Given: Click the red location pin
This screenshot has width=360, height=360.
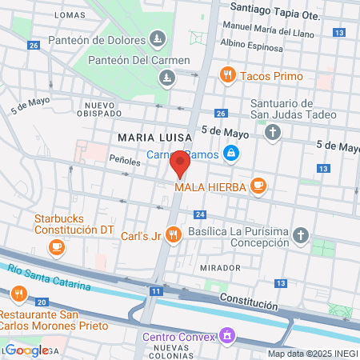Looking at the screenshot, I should [179, 166].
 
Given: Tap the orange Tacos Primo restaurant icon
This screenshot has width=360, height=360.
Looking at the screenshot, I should [228, 76].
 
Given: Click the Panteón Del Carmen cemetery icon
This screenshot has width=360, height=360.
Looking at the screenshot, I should [166, 78].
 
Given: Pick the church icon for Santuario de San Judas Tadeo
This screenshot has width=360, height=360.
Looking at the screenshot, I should [273, 132].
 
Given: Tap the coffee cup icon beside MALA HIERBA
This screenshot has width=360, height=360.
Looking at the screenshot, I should [258, 186].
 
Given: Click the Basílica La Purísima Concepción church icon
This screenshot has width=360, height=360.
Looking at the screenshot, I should [300, 234].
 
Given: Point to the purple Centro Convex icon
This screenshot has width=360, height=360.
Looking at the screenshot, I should [227, 335].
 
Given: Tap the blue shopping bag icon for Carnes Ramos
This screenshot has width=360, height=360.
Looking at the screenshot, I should [231, 153].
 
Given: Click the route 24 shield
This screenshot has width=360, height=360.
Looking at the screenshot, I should [200, 214].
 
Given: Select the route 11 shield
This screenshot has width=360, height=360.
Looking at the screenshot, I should [154, 291].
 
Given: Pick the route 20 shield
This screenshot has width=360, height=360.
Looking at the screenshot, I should [42, 301].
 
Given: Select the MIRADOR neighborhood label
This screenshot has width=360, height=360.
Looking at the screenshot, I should [220, 267].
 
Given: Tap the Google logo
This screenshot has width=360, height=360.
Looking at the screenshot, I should [26, 350].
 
